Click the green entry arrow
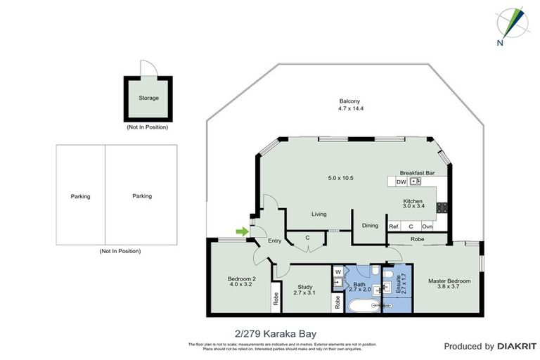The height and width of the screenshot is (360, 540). click(242, 231)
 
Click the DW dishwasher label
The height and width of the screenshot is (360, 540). click(401, 181)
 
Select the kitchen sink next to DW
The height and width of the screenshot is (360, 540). click(415, 181)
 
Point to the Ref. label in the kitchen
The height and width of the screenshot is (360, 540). click(394, 226)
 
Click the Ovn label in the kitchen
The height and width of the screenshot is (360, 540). click(427, 226)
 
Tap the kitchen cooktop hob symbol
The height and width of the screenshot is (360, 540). click(442, 207)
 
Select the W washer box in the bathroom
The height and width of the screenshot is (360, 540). click(337, 271)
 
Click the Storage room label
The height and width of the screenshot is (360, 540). click(148, 98)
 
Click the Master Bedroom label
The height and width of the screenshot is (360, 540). click(449, 281)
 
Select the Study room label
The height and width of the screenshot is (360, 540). click(304, 286)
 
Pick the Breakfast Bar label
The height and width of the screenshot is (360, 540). click(417, 172)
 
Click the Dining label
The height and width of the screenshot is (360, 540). click(370, 226)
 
